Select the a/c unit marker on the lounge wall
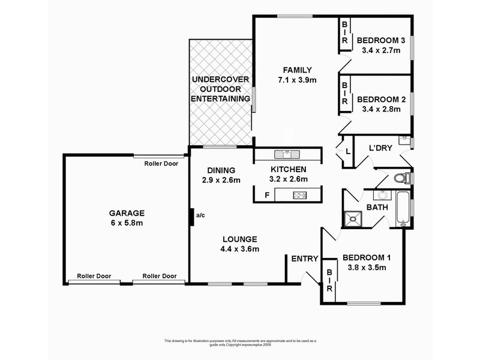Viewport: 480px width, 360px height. (191, 216)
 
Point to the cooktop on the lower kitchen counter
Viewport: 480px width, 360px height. (298, 194)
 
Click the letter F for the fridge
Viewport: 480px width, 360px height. (266, 195)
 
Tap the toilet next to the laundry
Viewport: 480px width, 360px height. (404, 178)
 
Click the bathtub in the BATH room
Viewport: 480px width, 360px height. (403, 208)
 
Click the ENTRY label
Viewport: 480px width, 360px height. (304, 259)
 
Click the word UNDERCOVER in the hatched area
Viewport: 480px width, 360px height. (220, 79)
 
